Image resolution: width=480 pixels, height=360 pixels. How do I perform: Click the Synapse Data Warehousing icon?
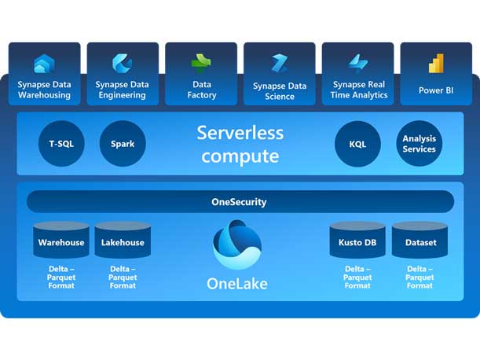point(43,64)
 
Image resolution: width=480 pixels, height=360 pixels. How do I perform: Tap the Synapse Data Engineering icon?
point(122,63)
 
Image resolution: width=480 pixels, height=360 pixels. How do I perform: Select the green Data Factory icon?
point(201,64)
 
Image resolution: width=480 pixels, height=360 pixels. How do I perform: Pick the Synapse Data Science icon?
point(280,64)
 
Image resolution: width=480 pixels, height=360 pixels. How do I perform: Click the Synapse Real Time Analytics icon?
point(358,63)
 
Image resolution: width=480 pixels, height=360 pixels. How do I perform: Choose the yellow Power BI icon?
point(436,64)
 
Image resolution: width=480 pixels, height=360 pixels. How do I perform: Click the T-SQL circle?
point(61,144)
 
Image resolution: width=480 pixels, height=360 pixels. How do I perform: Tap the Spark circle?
point(123,144)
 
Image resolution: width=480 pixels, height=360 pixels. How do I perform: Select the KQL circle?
point(357,144)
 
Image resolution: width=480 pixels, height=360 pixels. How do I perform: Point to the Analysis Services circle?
point(419,144)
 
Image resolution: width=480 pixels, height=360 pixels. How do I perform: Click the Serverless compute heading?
point(240,144)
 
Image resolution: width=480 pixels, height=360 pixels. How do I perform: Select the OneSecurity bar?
point(240,202)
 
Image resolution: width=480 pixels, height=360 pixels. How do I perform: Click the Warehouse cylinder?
point(61,241)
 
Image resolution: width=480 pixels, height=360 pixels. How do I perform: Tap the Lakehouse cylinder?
point(123,241)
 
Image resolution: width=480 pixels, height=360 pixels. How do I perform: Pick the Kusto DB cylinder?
point(357,241)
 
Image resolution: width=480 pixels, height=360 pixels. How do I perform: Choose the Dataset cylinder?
point(420,241)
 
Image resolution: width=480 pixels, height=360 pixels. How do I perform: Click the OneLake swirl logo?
point(237,244)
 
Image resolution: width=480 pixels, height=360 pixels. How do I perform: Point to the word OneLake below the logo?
point(237,284)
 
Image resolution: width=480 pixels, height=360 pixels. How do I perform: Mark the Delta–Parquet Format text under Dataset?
point(420,277)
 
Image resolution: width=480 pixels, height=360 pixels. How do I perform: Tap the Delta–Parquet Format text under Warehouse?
point(61,277)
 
